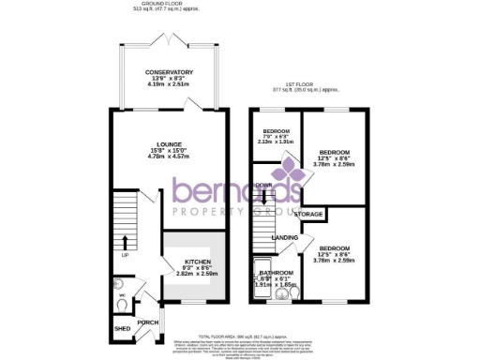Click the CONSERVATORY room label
click(x=170, y=72)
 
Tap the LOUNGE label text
click(x=170, y=144)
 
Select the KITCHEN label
click(x=197, y=262)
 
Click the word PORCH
click(x=148, y=322)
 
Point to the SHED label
click(x=122, y=329)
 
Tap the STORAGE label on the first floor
click(x=309, y=216)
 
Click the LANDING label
click(x=285, y=238)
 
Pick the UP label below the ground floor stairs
click(x=124, y=254)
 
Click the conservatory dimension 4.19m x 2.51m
click(x=170, y=85)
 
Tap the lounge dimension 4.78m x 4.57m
click(x=170, y=157)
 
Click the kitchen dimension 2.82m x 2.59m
click(x=197, y=274)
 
